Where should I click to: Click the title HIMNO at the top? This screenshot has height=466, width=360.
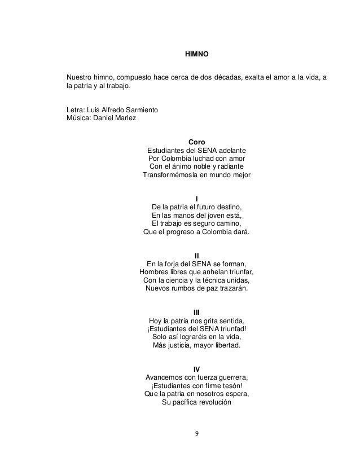[x=197, y=55]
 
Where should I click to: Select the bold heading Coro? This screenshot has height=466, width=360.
[x=196, y=141]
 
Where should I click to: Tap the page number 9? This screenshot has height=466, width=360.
[x=196, y=434]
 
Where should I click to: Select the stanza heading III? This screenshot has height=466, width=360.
[x=196, y=312]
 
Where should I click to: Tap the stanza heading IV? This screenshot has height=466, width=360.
[x=196, y=369]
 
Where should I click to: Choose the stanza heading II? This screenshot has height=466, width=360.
[x=196, y=255]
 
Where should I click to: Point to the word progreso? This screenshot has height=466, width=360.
[x=175, y=232]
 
